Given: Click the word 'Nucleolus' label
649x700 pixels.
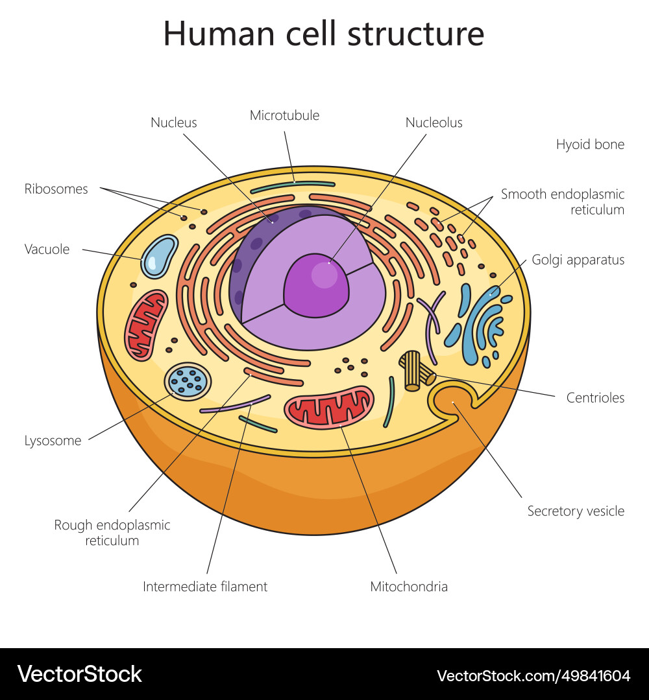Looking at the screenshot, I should point(434,122).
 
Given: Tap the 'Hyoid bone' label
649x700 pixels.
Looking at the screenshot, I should point(590,145).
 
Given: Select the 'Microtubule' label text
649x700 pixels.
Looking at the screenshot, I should point(284,115).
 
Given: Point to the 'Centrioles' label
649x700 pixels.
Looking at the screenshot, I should point(595,398).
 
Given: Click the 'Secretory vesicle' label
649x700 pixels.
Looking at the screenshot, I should point(576,511).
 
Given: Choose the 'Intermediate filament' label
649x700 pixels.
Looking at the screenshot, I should point(205,587).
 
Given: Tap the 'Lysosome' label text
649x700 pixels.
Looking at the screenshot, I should point(53,441).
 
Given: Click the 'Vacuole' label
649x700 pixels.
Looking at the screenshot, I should point(47,249).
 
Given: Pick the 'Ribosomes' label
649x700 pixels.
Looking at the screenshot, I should point(56,189).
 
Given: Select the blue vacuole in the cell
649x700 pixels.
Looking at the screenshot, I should point(159,256).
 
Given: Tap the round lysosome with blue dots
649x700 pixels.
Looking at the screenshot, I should point(188,381).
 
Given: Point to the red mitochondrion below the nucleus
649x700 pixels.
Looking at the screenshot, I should point(329,408).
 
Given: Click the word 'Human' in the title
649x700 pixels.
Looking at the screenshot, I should point(219,34).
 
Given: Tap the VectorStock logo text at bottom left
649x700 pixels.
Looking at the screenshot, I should point(80,674).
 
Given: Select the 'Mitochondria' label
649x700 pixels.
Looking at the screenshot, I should point(409,587).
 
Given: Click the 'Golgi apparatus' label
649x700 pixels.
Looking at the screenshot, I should point(578,260).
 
